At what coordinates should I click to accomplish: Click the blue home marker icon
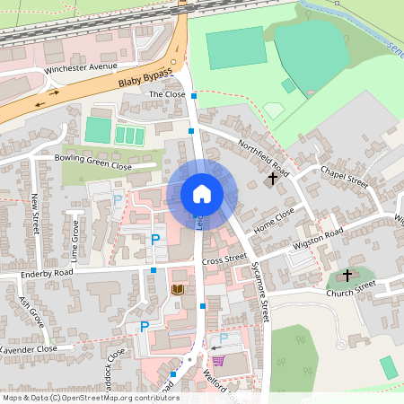click(x=202, y=194)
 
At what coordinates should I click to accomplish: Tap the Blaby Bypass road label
click(x=144, y=80)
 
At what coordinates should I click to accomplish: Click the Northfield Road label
click(x=263, y=156)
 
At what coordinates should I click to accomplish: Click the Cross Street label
click(x=224, y=259)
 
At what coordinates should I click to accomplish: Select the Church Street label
click(x=351, y=289)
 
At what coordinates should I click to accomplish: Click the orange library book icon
click(x=177, y=289)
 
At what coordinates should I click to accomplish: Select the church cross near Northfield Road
click(x=273, y=179)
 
